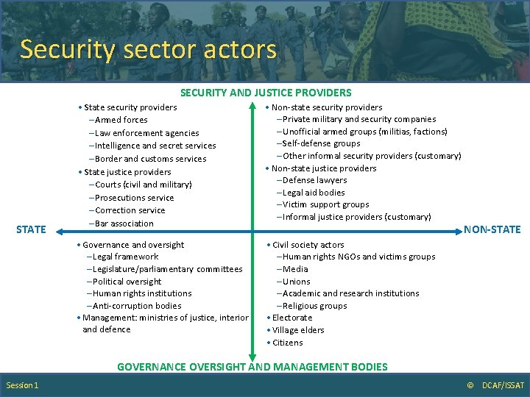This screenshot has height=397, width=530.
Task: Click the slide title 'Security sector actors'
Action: point(148,49)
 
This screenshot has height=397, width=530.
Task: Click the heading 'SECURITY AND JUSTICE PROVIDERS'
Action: point(266,93)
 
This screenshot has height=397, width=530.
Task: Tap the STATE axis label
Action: point(31,229)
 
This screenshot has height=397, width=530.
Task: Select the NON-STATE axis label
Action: point(492,229)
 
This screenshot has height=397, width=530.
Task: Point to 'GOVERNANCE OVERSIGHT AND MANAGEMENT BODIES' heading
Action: point(252,366)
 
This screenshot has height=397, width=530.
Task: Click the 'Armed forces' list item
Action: point(119,120)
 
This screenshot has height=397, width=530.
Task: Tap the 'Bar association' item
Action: point(121,223)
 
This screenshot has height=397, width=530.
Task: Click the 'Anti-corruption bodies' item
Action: point(135,306)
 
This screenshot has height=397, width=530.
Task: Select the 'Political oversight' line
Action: point(125,282)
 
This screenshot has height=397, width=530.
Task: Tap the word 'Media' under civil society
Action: point(294,269)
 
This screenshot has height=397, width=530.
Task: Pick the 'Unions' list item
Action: point(295,282)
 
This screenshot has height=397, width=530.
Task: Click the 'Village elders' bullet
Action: point(297,330)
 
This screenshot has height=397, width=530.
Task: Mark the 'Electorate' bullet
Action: point(291,318)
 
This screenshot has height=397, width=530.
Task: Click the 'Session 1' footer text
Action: point(23,386)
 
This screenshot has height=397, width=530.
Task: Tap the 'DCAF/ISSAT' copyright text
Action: point(504,386)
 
